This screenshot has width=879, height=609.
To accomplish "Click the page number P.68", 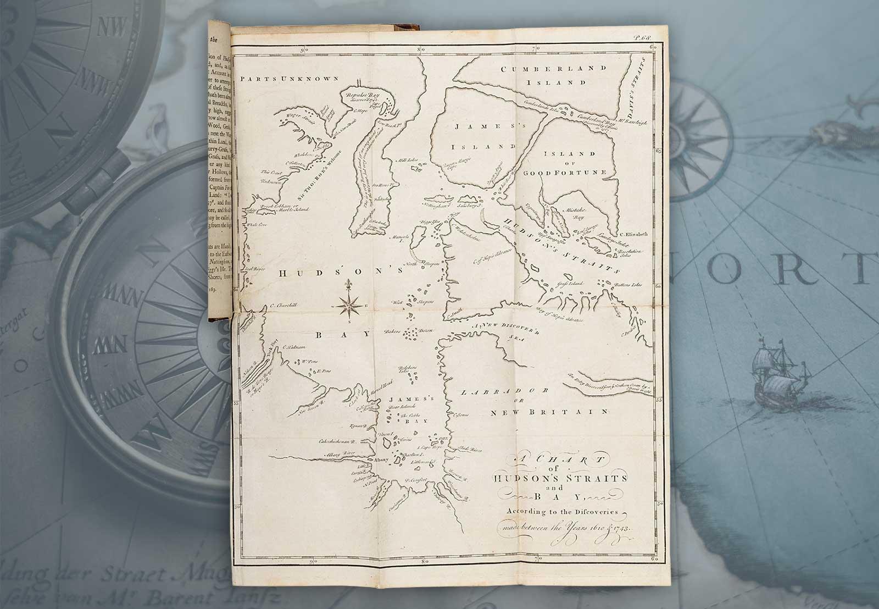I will click(x=642, y=38).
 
